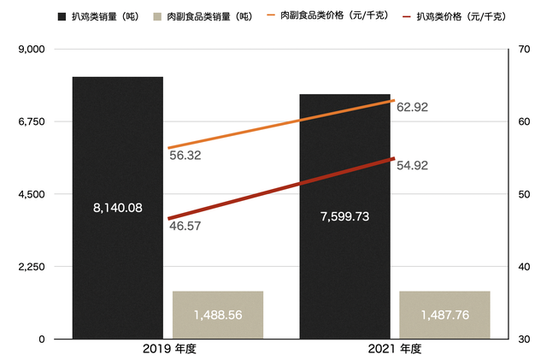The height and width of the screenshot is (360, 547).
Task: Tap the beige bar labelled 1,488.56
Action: tap(218, 315)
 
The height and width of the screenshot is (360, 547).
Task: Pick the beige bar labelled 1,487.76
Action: tap(444, 315)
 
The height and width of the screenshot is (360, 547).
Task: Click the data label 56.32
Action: tap(185, 156)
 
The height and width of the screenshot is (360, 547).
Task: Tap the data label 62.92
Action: tap(412, 107)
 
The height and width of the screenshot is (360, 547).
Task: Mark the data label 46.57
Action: tap(185, 226)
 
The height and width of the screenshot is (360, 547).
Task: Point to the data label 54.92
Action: tap(412, 164)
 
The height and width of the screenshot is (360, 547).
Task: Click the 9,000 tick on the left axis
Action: tap(31, 50)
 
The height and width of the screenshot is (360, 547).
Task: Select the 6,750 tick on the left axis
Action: tap(31, 122)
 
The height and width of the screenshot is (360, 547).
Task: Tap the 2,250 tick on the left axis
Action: tap(31, 267)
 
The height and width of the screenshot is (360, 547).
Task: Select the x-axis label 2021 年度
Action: tap(395, 349)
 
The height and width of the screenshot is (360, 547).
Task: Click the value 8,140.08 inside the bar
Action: tap(117, 207)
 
